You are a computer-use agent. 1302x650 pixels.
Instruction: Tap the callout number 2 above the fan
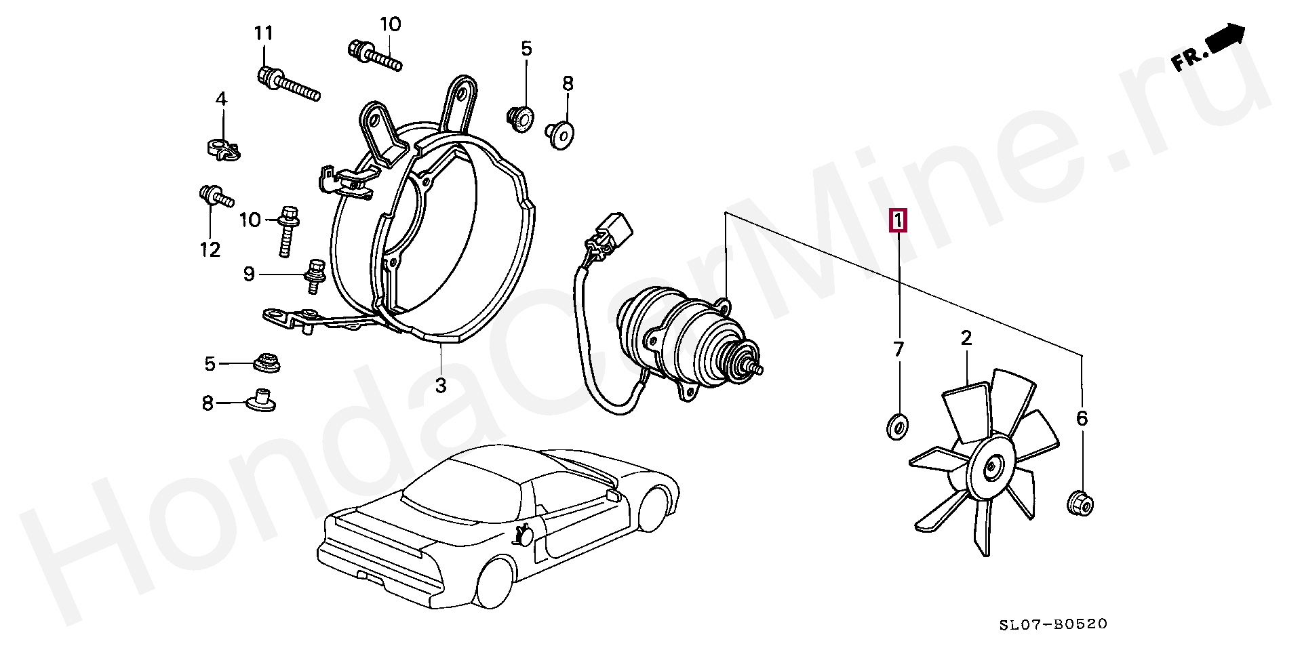966,338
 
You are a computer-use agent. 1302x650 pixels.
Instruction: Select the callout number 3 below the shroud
441,386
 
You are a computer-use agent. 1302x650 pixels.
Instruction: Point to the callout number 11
263,33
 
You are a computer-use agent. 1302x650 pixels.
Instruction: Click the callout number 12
210,249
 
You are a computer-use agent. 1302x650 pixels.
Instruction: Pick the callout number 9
249,274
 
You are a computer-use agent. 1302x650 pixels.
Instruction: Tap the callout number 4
221,100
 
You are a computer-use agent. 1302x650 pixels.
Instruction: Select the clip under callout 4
223,149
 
